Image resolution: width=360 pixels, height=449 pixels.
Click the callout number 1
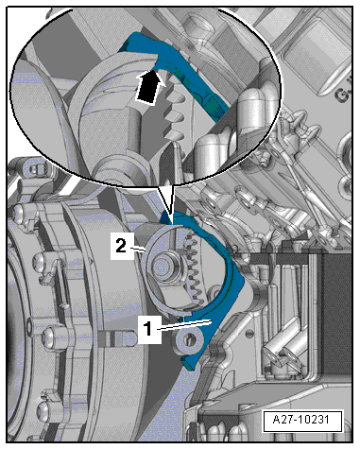[149, 328]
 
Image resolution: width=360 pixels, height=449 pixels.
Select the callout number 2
[121, 246]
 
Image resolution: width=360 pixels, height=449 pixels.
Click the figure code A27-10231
[302, 420]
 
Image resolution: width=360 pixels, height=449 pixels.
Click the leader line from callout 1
[186, 325]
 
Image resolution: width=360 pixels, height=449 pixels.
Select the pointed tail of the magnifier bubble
[168, 201]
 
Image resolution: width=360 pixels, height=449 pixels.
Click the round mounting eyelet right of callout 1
[190, 339]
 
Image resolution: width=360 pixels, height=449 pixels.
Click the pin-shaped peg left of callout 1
[117, 338]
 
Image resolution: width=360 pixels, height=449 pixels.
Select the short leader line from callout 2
[139, 250]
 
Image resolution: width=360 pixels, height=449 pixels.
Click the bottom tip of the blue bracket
[190, 368]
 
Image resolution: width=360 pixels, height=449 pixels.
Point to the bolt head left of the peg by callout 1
[50, 336]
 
